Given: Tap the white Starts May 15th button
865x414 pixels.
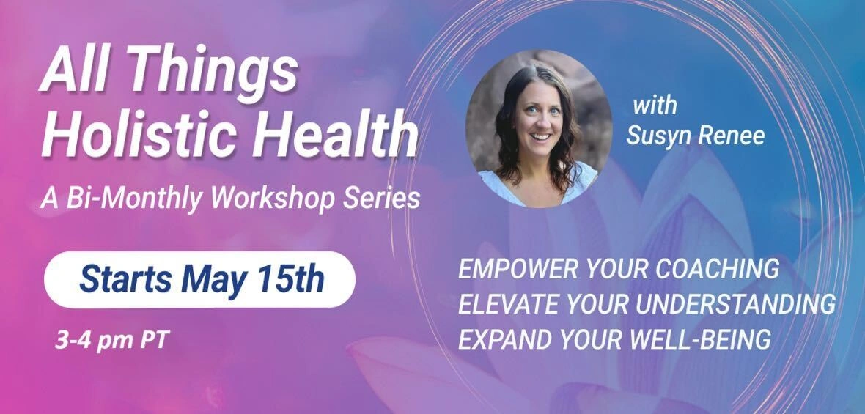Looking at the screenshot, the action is point(199,279).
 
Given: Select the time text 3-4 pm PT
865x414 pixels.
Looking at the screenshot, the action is point(111,341).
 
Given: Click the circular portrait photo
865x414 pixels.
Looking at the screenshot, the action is point(539,129).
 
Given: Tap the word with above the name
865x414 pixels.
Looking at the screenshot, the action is point(655,106).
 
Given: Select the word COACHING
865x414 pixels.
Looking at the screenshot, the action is point(717,269).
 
